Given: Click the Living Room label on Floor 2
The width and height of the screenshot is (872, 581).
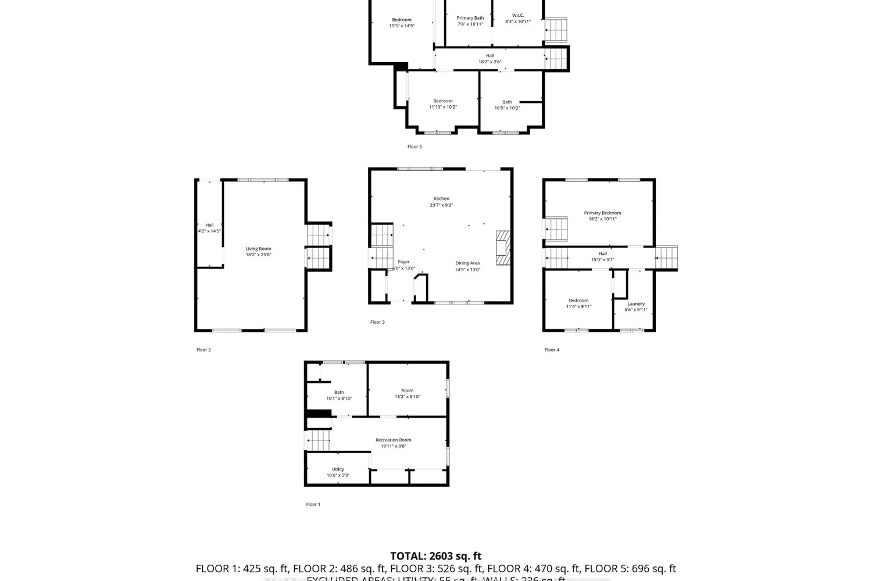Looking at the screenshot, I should (x=258, y=249).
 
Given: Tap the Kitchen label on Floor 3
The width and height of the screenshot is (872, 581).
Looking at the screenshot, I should (x=441, y=199).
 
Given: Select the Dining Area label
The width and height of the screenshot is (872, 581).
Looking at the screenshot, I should (x=467, y=263).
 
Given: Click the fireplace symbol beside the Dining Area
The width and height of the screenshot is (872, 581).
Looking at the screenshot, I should (x=502, y=248).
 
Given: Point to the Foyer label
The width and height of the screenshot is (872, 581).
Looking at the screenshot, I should (x=403, y=262).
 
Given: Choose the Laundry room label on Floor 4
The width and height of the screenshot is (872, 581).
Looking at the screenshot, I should (x=636, y=304).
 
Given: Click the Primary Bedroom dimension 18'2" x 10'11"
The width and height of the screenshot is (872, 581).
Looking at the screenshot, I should (x=602, y=219).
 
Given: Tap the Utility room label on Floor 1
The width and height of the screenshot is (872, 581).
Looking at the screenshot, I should (x=338, y=469).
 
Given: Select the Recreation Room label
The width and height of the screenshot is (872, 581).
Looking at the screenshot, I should (x=394, y=440).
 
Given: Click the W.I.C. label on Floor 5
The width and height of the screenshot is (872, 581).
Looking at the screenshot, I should (x=517, y=16).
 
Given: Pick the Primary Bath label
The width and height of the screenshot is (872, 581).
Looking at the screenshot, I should (x=470, y=18).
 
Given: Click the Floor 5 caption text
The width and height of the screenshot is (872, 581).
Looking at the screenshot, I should (x=414, y=147).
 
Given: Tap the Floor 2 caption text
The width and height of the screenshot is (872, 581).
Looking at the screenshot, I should (x=203, y=350).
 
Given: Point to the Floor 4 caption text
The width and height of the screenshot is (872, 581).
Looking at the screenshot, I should (x=552, y=350).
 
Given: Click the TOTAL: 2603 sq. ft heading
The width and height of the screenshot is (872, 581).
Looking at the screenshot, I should (x=435, y=556).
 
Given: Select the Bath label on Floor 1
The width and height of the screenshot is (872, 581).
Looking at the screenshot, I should (x=339, y=392).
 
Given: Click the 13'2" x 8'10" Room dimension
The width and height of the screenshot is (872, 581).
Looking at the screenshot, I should (x=408, y=397).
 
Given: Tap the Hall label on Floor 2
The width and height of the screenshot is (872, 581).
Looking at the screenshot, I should (x=209, y=225).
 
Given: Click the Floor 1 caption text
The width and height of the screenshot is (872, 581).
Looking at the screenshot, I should (x=313, y=504).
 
